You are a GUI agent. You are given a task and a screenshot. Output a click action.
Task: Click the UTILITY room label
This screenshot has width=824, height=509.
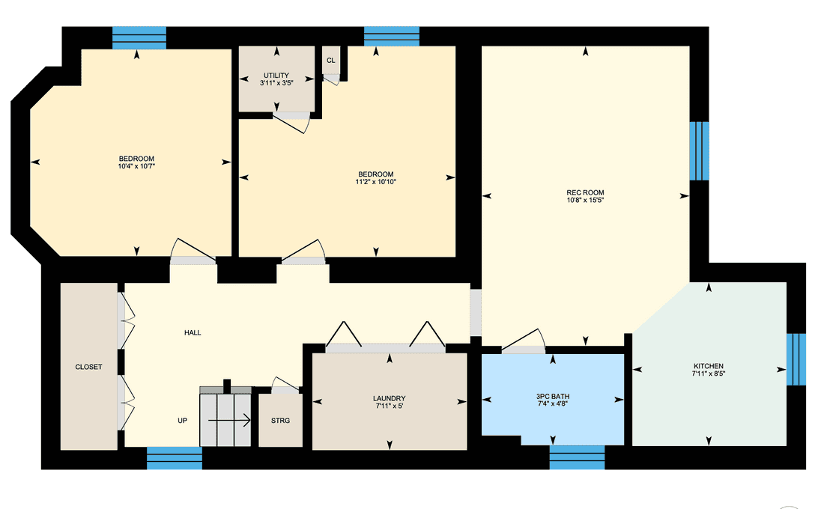tap(276, 76)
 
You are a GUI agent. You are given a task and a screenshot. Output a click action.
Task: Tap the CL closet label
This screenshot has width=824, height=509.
tap(330, 61)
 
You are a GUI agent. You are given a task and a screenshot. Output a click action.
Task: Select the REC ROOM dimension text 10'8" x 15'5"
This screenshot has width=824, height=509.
tap(585, 200)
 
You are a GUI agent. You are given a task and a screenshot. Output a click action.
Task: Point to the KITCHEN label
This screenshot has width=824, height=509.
tap(709, 366)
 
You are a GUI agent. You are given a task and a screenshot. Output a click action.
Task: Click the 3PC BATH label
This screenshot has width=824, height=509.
tap(553, 397)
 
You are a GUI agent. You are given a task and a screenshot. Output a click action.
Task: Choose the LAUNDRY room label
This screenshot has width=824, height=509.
tap(390, 399)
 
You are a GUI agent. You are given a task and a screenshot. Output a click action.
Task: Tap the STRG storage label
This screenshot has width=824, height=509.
tap(281, 421)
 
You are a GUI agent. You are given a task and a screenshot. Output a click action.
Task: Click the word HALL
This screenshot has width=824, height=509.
tap(193, 332)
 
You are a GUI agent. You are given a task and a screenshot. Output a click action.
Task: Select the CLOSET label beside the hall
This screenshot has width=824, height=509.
tap(89, 368)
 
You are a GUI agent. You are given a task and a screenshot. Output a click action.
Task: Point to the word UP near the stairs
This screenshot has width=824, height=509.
tap(182, 421)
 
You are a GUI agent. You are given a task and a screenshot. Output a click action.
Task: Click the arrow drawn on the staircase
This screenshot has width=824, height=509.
tap(229, 420)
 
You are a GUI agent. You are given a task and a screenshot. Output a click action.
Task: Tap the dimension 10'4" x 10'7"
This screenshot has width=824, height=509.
tap(136, 166)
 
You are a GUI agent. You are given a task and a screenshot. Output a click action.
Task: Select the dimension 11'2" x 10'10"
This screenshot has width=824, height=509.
tap(376, 183)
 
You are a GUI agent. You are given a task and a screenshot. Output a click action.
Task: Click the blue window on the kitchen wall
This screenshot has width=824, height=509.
tap(796, 359)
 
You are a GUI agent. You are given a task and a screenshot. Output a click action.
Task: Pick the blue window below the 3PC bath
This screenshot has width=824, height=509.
tap(577, 457)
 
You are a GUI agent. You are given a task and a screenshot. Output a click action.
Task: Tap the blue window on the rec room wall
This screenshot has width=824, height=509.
tap(699, 151)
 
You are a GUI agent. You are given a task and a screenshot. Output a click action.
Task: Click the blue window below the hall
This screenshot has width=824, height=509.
tap(175, 458)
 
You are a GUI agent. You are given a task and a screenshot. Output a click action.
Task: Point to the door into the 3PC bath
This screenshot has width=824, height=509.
tap(524, 341)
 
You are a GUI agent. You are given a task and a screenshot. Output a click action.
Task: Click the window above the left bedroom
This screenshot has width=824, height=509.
tap(139, 38)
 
